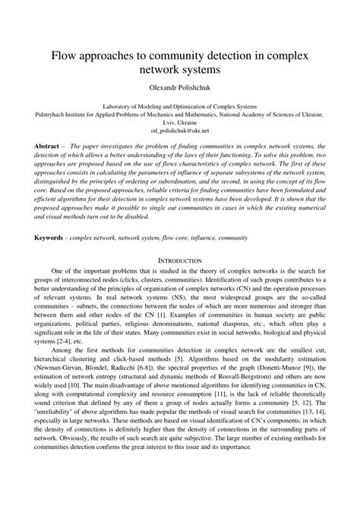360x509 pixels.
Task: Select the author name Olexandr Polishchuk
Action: click(179, 89)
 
